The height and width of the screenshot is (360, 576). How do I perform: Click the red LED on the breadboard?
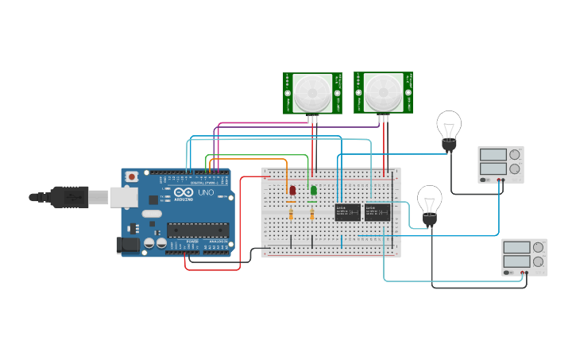click(x=292, y=191)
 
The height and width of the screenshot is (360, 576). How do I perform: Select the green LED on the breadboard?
click(x=314, y=190)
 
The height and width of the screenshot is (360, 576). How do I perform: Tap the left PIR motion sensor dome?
click(x=312, y=93)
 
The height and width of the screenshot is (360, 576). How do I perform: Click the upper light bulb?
click(x=449, y=127)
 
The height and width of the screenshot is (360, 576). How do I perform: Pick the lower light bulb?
click(x=430, y=203)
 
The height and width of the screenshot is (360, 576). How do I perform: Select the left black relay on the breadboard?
click(x=347, y=212)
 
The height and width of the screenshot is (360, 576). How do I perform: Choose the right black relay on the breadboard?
click(x=377, y=212)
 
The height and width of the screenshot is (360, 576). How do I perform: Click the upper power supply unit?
click(x=501, y=164)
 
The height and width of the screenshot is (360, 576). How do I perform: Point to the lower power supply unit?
click(x=524, y=257)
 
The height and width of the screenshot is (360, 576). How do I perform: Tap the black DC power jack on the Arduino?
click(x=127, y=246)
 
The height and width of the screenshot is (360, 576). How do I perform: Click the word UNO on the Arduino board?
click(x=205, y=193)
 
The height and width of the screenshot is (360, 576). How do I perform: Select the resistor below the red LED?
click(x=292, y=213)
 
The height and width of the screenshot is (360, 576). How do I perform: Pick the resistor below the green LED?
click(x=312, y=213)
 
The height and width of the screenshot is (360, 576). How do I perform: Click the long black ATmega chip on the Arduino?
click(x=197, y=230)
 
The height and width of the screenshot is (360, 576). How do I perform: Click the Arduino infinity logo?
click(x=184, y=193)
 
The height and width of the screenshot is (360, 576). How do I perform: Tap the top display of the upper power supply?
click(x=493, y=154)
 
